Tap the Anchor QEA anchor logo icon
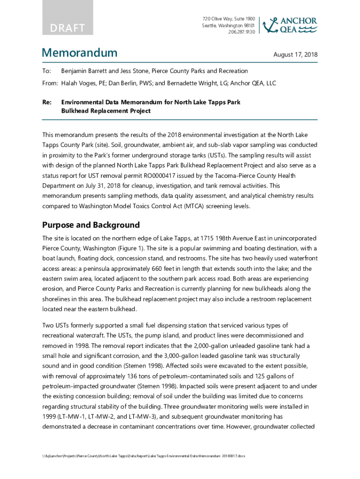270,25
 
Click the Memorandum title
79,53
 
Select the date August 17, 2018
295,55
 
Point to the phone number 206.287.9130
242,32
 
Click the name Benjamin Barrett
86,71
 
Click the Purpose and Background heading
91,225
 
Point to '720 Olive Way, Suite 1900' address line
229,18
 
